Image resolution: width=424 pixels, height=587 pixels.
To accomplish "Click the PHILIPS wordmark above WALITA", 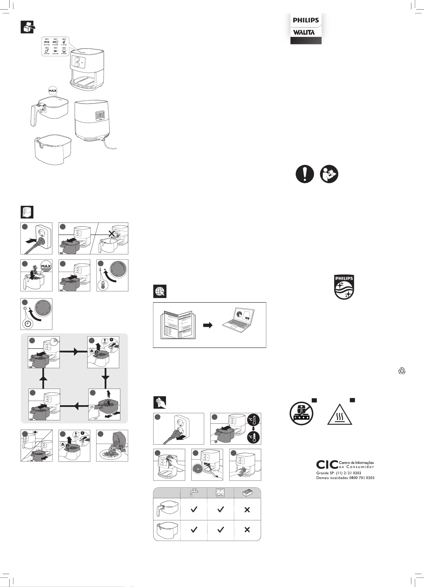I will tap(306, 20).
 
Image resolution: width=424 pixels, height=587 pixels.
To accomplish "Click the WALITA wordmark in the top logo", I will tap(304, 32).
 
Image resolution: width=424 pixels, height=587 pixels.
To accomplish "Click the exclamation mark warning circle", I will tap(305, 174).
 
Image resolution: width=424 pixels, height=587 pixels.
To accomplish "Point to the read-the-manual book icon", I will tap(329, 174).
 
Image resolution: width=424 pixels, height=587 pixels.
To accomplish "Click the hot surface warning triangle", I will tap(339, 415).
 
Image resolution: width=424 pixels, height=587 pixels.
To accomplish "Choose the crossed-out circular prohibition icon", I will tap(301, 413).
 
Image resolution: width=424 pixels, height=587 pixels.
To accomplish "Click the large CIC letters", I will tap(327, 465).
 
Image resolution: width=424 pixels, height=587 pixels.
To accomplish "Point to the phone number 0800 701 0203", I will tap(362, 478).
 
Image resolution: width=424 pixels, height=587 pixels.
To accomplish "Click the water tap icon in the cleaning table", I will tap(193, 492).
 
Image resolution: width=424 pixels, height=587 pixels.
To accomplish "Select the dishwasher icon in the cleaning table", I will tap(220, 492).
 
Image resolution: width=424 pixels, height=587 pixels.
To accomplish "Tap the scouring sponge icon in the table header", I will tap(247, 492).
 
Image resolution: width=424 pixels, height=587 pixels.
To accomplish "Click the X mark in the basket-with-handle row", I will tap(247, 510).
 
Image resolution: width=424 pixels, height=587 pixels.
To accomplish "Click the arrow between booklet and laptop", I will tap(208, 325).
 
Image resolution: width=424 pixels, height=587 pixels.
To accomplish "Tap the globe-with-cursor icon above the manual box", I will tap(160, 291).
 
